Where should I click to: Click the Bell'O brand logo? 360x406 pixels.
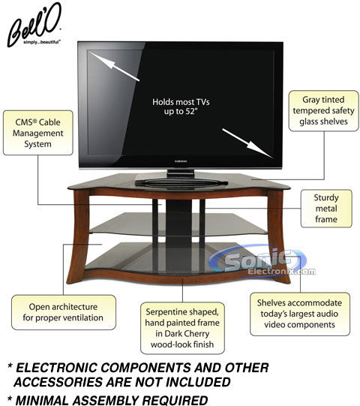pyautogui.click(x=34, y=25)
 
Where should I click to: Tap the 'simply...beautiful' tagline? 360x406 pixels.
pyautogui.click(x=42, y=42)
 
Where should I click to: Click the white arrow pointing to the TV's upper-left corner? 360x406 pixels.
pyautogui.click(x=115, y=66)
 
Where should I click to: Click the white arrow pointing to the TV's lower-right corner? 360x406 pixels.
pyautogui.click(x=247, y=143)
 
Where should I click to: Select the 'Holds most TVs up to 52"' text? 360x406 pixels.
pyautogui.click(x=181, y=107)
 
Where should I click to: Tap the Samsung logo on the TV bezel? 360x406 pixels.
pyautogui.click(x=181, y=161)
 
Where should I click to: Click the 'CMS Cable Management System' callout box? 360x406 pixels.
pyautogui.click(x=38, y=133)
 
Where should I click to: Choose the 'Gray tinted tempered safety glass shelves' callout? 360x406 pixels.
pyautogui.click(x=323, y=110)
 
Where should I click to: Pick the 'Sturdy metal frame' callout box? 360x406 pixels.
pyautogui.click(x=326, y=209)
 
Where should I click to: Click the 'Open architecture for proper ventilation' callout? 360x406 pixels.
pyautogui.click(x=64, y=312)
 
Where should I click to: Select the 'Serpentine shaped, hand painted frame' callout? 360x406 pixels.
pyautogui.click(x=182, y=328)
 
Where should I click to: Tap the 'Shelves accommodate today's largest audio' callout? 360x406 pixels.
pyautogui.click(x=300, y=314)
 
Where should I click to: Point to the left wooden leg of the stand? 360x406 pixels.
pyautogui.click(x=79, y=236)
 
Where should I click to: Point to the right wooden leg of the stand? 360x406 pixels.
pyautogui.click(x=279, y=236)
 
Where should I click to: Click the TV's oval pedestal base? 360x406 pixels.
pyautogui.click(x=181, y=183)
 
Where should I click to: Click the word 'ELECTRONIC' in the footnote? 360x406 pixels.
pyautogui.click(x=57, y=368)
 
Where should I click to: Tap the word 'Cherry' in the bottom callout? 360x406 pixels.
pyautogui.click(x=196, y=334)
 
